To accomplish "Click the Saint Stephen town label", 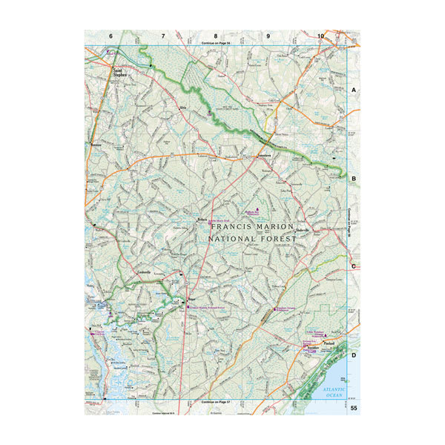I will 119,73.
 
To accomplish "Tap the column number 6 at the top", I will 111,36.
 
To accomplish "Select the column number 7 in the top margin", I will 163,36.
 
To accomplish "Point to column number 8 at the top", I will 216,36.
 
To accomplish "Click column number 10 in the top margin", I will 320,36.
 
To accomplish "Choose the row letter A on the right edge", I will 354,90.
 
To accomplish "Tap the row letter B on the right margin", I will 354,179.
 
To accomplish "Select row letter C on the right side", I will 354,266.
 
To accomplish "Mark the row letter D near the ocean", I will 354,355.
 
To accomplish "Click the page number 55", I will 354,409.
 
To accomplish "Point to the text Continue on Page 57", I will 216,401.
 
